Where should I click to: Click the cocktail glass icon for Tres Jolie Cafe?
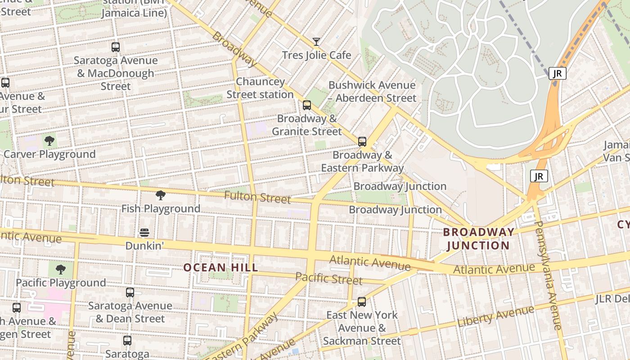pyautogui.click(x=316, y=42)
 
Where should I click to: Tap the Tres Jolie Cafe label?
pyautogui.click(x=316, y=55)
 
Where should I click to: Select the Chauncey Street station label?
pyautogui.click(x=260, y=88)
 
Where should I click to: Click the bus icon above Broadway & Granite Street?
pyautogui.click(x=307, y=105)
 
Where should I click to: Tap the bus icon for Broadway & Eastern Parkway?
pyautogui.click(x=362, y=142)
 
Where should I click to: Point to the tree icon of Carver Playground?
pyautogui.click(x=49, y=141)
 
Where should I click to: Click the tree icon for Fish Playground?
pyautogui.click(x=160, y=195)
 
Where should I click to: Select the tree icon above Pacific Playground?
pyautogui.click(x=60, y=270)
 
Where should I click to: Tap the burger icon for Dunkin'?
pyautogui.click(x=144, y=233)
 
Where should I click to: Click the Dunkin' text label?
pyautogui.click(x=144, y=246)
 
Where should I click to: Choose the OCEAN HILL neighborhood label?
pyautogui.click(x=220, y=267)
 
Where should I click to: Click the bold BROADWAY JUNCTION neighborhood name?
pyautogui.click(x=478, y=238)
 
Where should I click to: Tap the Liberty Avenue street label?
pyautogui.click(x=496, y=316)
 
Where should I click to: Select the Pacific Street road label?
pyautogui.click(x=329, y=278)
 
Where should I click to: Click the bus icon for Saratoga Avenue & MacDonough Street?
pyautogui.click(x=116, y=47)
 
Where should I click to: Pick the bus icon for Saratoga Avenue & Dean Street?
pyautogui.click(x=130, y=292)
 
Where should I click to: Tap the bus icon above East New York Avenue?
pyautogui.click(x=362, y=302)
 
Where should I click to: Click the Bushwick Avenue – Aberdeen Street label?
pyautogui.click(x=372, y=91)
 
